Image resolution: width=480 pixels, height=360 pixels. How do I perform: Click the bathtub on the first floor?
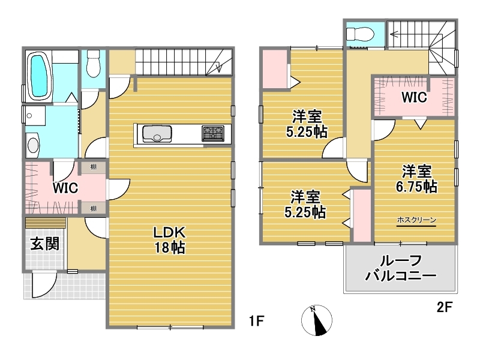click(39, 76)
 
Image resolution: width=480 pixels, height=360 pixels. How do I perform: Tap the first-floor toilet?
click(93, 64)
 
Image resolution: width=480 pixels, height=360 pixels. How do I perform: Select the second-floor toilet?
click(359, 34)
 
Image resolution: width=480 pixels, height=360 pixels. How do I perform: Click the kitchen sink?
click(157, 134)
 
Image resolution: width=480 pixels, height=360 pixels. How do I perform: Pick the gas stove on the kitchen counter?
click(213, 133)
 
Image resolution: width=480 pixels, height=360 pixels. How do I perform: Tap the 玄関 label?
click(45, 244)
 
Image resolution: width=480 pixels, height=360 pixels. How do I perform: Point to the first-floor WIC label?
click(65, 188)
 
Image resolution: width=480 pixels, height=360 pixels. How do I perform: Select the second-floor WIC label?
click(414, 97)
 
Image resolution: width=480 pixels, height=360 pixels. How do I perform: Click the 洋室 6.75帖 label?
click(416, 179)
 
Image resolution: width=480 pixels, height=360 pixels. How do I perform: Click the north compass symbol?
click(317, 320)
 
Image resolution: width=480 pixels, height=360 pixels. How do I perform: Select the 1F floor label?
click(256, 321)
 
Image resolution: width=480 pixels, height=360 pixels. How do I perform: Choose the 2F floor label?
click(444, 307)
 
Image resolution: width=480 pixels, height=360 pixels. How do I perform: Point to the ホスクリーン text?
click(416, 220)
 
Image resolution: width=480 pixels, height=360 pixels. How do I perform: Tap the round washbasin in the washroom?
click(34, 145)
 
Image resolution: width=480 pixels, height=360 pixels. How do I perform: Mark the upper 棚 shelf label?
click(93, 167)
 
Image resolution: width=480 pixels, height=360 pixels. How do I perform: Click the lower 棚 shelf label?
click(93, 208)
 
